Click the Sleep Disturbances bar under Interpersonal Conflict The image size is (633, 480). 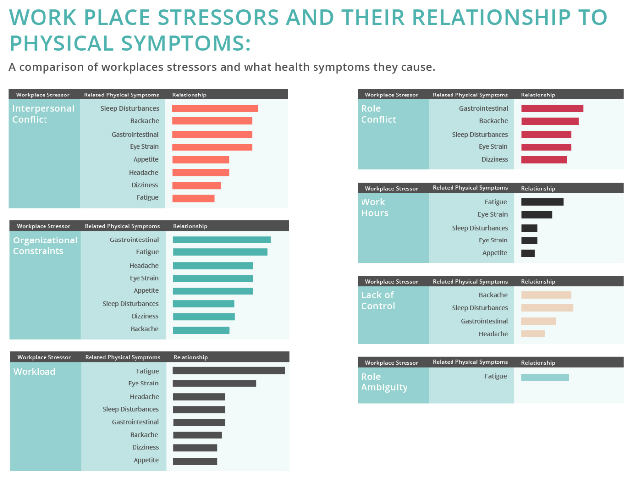coord(215,108)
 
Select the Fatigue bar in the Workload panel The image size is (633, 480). coord(228,371)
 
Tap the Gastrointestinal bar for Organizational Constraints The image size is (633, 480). coord(222,240)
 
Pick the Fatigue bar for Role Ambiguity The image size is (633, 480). coord(545,377)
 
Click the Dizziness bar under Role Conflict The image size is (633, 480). coord(544,160)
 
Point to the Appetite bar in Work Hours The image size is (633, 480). coord(528,253)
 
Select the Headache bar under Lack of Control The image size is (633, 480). coord(533,334)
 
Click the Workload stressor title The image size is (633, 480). coord(34,372)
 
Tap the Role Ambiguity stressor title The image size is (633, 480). coord(384,382)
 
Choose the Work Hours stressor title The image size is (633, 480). coord(375,208)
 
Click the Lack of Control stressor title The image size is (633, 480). coord(378,301)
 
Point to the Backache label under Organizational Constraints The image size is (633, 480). coord(144,329)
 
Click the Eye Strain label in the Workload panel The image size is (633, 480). coord(143,384)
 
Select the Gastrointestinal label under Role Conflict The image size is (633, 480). coord(484,109)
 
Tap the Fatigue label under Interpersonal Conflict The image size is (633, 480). coord(148,197)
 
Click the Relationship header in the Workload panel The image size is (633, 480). coord(190,357)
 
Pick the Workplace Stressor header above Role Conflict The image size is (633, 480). coord(392,95)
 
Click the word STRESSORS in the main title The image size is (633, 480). coord(218,18)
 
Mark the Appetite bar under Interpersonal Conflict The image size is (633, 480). coord(201,160)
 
